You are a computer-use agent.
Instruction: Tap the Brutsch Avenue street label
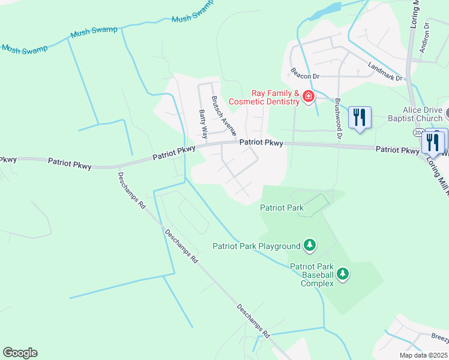(223, 115)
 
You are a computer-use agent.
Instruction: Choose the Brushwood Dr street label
(338, 119)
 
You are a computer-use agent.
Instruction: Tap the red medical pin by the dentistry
(309, 96)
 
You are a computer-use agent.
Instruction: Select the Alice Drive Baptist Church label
(423, 114)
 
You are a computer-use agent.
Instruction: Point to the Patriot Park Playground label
(256, 246)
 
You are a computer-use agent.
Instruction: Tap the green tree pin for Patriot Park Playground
(310, 244)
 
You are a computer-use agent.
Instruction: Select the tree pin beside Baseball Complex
(343, 274)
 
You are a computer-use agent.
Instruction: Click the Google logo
(20, 353)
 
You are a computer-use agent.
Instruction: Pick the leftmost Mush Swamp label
(24, 49)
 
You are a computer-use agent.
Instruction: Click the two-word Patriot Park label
(282, 208)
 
